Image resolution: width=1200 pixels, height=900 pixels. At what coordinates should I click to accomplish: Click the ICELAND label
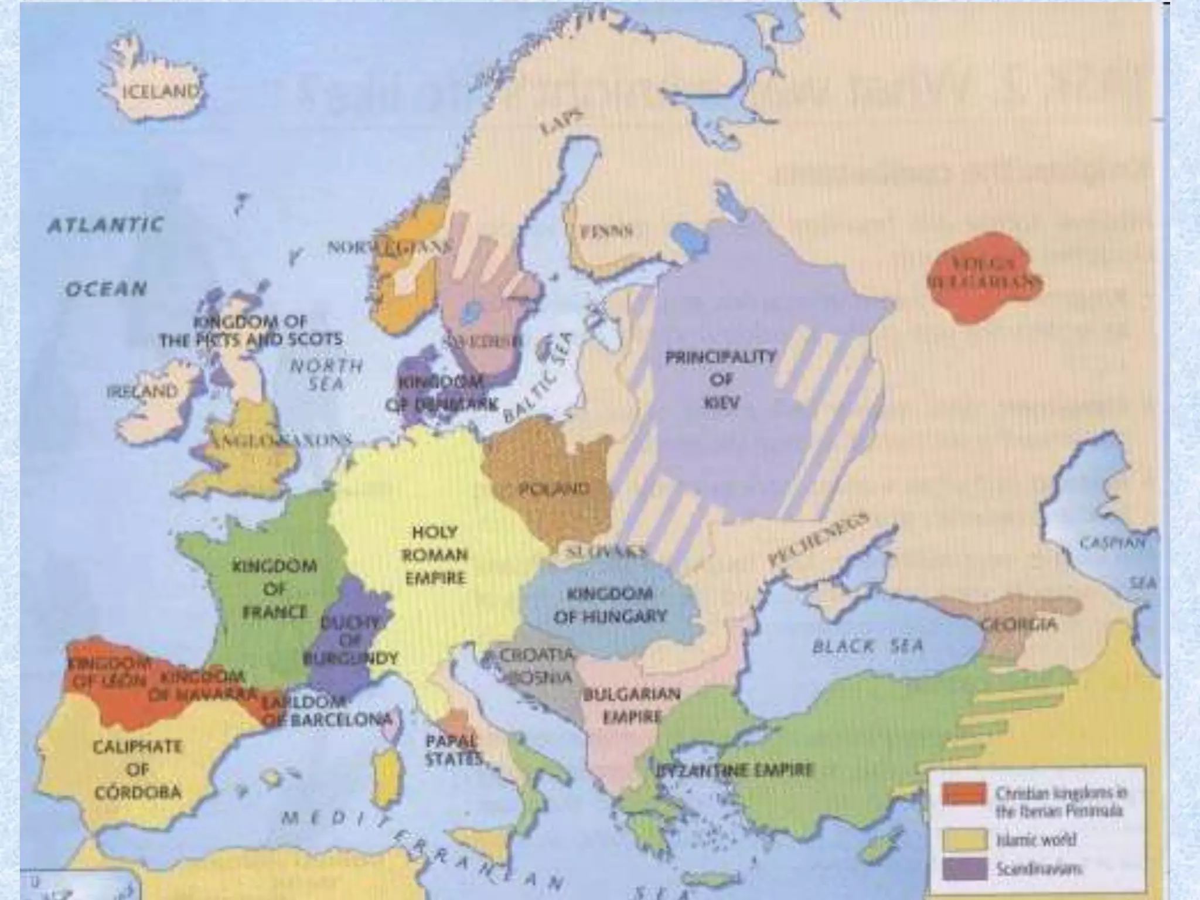pos(161,92)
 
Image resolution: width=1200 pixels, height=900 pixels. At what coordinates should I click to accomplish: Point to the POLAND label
pos(554,488)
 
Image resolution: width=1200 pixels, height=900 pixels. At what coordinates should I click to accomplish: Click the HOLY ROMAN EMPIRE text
pos(435,555)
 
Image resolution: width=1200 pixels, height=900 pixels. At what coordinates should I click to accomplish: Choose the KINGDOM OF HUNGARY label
pos(610,605)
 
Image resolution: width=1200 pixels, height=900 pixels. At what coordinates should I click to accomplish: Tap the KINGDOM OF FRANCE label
pos(275,589)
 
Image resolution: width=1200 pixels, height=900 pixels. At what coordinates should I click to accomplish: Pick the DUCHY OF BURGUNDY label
pos(350,640)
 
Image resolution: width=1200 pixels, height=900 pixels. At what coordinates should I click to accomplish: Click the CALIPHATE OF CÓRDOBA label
pos(137,769)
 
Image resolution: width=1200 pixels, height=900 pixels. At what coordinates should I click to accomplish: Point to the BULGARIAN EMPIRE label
pos(631,705)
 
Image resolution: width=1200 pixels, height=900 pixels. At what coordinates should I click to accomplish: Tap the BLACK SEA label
pos(867,646)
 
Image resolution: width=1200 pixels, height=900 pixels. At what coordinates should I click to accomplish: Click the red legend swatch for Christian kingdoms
pos(963,794)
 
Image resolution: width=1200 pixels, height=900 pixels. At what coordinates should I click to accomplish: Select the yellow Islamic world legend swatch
pos(963,839)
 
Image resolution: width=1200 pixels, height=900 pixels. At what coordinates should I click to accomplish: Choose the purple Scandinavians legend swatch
pos(963,869)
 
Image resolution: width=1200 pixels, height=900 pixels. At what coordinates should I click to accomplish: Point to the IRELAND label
pos(142,391)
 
